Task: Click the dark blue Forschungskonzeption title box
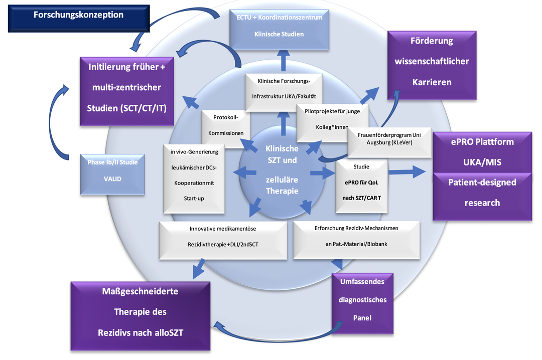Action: coord(79,19)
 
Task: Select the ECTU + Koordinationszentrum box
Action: coord(279,30)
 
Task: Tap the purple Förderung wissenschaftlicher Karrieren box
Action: coord(432,65)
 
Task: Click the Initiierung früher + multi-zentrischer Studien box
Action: coord(126,91)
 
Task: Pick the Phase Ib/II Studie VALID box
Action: coord(112,174)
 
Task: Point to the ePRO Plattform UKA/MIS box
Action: coord(482,152)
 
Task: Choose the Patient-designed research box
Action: coord(482,196)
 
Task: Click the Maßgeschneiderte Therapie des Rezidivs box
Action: coord(141,316)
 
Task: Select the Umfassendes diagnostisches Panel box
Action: coord(362,303)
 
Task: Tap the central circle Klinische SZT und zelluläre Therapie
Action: coord(282,172)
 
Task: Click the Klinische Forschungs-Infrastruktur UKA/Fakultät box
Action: coord(284,92)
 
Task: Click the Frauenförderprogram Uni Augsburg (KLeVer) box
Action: coord(389,142)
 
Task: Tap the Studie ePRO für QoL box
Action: coord(361,186)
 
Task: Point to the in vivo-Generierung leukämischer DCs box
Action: coord(194,179)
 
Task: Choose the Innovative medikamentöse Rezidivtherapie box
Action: coord(223,240)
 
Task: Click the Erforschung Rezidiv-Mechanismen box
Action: coord(356,240)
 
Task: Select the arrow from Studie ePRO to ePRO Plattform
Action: coord(407,171)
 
